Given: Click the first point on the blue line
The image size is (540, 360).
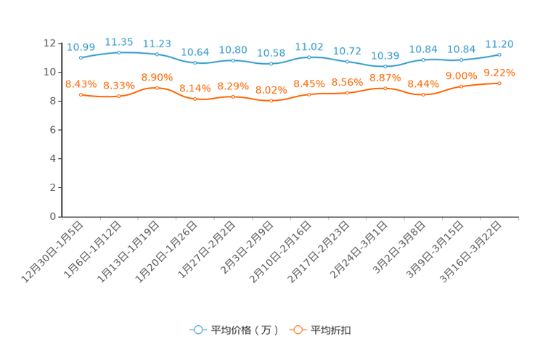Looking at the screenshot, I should pos(81,57).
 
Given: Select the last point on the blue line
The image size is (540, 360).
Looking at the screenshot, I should pos(499,54).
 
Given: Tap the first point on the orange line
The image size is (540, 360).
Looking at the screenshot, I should pos(81,94).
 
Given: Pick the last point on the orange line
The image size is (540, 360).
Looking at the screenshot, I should pos(499,83).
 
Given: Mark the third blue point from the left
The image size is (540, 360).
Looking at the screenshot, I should pos(157,54).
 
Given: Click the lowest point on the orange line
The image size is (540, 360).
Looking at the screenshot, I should pos(271,102).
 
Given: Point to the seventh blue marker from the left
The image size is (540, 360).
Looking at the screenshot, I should pos(309,57).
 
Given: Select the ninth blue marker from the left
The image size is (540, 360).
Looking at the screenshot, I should pos(385,66).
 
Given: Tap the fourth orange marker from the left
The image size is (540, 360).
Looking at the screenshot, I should pos(195,99).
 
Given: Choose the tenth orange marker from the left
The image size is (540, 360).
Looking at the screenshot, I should pos(423,95).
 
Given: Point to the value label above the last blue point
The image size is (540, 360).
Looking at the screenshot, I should pos(500,44).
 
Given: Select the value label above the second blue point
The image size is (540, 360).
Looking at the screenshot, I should pos(118,41).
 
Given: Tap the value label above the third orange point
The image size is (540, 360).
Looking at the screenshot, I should pos(157,76).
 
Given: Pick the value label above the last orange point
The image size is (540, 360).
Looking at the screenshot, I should pos(499,72).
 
